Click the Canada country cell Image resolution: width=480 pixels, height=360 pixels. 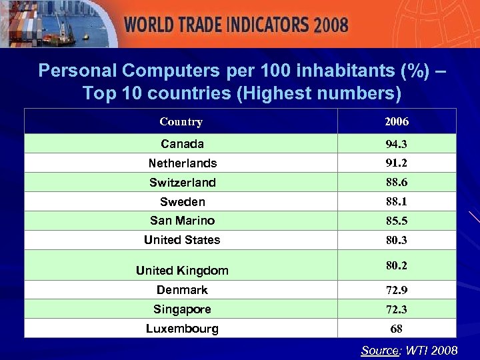(x=182, y=144)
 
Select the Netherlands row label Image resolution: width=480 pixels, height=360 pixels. (x=182, y=163)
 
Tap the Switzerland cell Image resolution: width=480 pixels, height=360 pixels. (x=182, y=183)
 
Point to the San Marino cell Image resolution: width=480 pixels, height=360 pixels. (x=182, y=221)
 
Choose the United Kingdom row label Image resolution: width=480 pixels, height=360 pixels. (x=182, y=271)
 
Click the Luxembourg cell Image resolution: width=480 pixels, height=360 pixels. (x=182, y=329)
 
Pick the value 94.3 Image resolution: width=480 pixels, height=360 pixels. (x=397, y=144)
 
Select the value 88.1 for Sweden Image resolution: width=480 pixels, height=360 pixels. (x=397, y=202)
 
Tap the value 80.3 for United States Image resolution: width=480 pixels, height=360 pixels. (x=397, y=240)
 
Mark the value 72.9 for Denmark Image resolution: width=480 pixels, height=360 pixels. (x=397, y=291)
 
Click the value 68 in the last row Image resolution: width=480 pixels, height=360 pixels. (x=397, y=329)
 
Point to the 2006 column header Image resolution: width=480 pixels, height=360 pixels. (x=397, y=122)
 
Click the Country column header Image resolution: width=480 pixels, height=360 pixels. (x=181, y=122)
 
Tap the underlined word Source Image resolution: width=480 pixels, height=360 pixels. (x=379, y=351)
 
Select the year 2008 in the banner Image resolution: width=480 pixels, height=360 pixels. (x=331, y=25)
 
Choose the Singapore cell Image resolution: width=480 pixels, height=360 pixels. (x=182, y=309)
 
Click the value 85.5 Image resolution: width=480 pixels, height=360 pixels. (x=397, y=221)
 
